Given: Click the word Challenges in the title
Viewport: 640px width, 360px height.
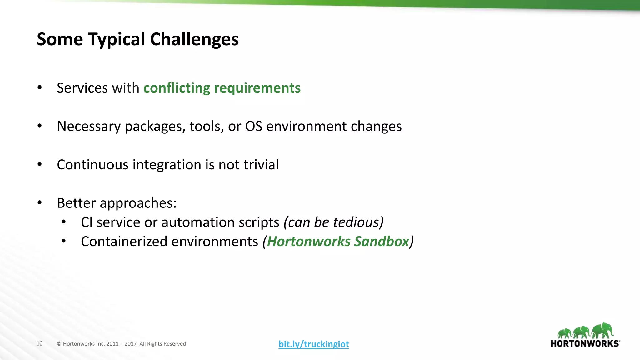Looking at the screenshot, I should [194, 39].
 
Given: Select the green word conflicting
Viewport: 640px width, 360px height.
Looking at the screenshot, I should [177, 88].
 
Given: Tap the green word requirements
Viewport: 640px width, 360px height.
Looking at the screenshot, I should [257, 88].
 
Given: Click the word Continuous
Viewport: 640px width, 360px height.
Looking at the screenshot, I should [92, 165].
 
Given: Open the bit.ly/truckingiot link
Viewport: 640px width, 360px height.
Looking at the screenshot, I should [314, 344].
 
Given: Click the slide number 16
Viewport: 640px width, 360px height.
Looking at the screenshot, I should [39, 343].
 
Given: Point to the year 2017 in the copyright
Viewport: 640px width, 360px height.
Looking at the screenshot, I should [131, 344].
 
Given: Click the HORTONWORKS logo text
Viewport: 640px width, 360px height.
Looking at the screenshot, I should [585, 344].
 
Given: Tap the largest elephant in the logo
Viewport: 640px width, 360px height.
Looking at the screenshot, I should [603, 331].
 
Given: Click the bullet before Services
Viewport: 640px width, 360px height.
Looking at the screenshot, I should [39, 88].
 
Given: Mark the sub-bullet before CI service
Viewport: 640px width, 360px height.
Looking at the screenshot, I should [63, 222].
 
